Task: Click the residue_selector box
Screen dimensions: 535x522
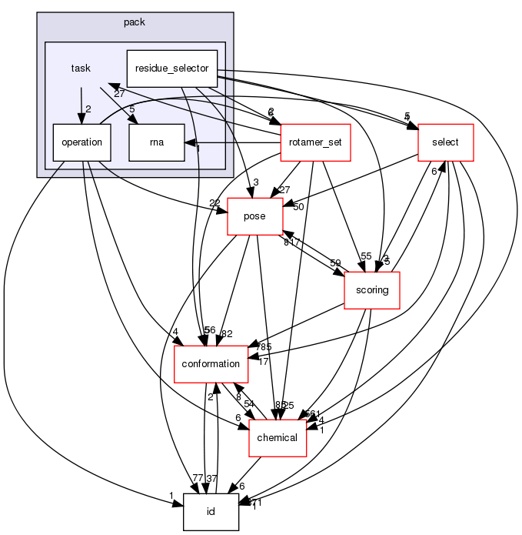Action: click(x=171, y=69)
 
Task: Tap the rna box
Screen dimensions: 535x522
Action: click(x=157, y=142)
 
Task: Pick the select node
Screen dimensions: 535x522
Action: click(x=444, y=142)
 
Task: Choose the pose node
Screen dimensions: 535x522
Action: click(x=254, y=216)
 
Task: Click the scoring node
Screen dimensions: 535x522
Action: click(x=371, y=290)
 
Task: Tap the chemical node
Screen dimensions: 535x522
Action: click(x=277, y=437)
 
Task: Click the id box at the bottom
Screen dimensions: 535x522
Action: click(x=211, y=512)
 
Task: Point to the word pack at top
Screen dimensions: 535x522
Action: click(x=135, y=22)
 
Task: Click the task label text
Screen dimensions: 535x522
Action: click(x=81, y=69)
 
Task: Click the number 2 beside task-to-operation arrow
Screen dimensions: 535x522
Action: click(x=88, y=109)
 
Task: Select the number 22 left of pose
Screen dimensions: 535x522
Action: click(x=214, y=203)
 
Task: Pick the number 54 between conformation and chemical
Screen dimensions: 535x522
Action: click(x=249, y=404)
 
